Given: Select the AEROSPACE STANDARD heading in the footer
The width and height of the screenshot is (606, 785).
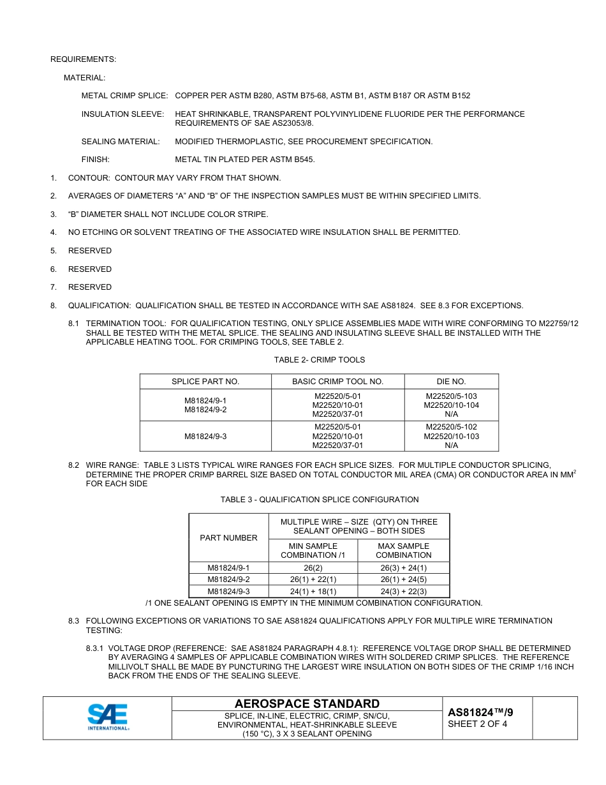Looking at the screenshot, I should (x=307, y=704).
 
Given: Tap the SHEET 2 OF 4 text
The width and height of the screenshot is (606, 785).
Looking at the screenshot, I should (x=478, y=724).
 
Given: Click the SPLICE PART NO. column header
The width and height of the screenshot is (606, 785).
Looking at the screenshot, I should (x=205, y=382).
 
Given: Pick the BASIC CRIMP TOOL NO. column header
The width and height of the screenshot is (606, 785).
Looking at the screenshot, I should (x=337, y=382).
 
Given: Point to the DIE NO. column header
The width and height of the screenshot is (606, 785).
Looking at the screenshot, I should (x=451, y=382).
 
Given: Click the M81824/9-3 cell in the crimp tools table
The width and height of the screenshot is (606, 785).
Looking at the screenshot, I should (x=205, y=437).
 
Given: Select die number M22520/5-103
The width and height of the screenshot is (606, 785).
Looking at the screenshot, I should (x=451, y=396).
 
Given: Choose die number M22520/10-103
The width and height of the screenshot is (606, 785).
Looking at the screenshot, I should (x=451, y=437).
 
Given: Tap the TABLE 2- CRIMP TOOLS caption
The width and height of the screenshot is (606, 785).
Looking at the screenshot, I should (x=320, y=360).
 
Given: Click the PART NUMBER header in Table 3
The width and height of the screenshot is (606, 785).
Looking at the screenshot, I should (x=228, y=538).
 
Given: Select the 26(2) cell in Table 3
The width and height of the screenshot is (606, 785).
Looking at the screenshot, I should (x=313, y=568).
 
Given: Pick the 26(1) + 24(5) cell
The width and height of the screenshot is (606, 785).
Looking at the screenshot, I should (x=403, y=579).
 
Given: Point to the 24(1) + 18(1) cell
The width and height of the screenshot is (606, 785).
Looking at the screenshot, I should (x=313, y=592).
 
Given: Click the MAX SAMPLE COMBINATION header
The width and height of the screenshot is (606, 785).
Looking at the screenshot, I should (x=403, y=550).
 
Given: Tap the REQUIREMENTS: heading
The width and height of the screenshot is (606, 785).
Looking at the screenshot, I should (x=83, y=59).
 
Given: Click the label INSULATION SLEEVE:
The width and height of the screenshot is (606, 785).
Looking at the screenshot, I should (x=122, y=114).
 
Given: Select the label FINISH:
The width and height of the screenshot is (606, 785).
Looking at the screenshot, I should (x=95, y=160).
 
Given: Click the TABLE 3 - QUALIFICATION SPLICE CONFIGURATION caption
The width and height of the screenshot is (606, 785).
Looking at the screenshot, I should (x=320, y=500).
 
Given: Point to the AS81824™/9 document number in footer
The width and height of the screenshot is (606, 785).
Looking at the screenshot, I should (x=480, y=712).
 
